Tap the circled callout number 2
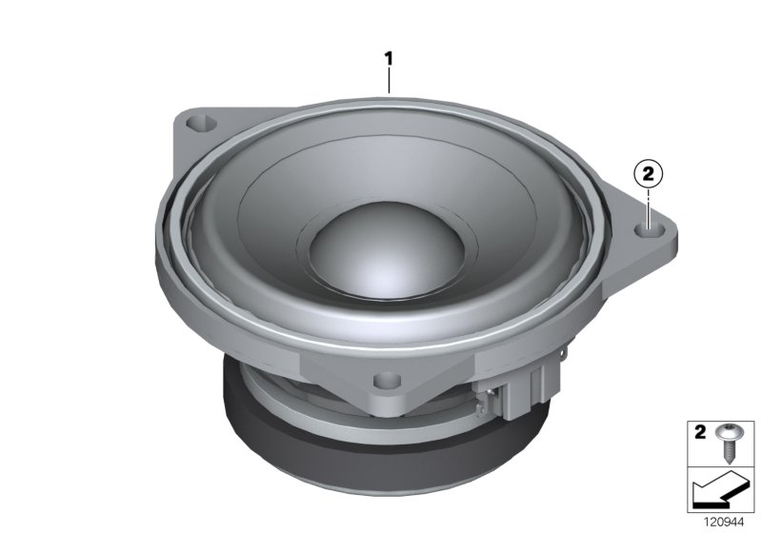[648, 173]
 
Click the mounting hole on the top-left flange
[201, 123]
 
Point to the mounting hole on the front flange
[387, 381]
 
